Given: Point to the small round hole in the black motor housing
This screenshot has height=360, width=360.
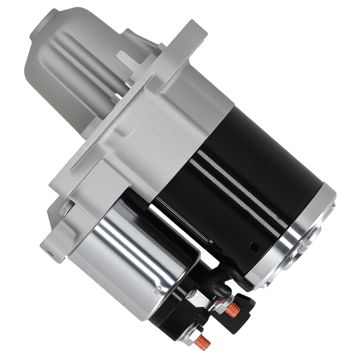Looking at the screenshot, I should (254, 246).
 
